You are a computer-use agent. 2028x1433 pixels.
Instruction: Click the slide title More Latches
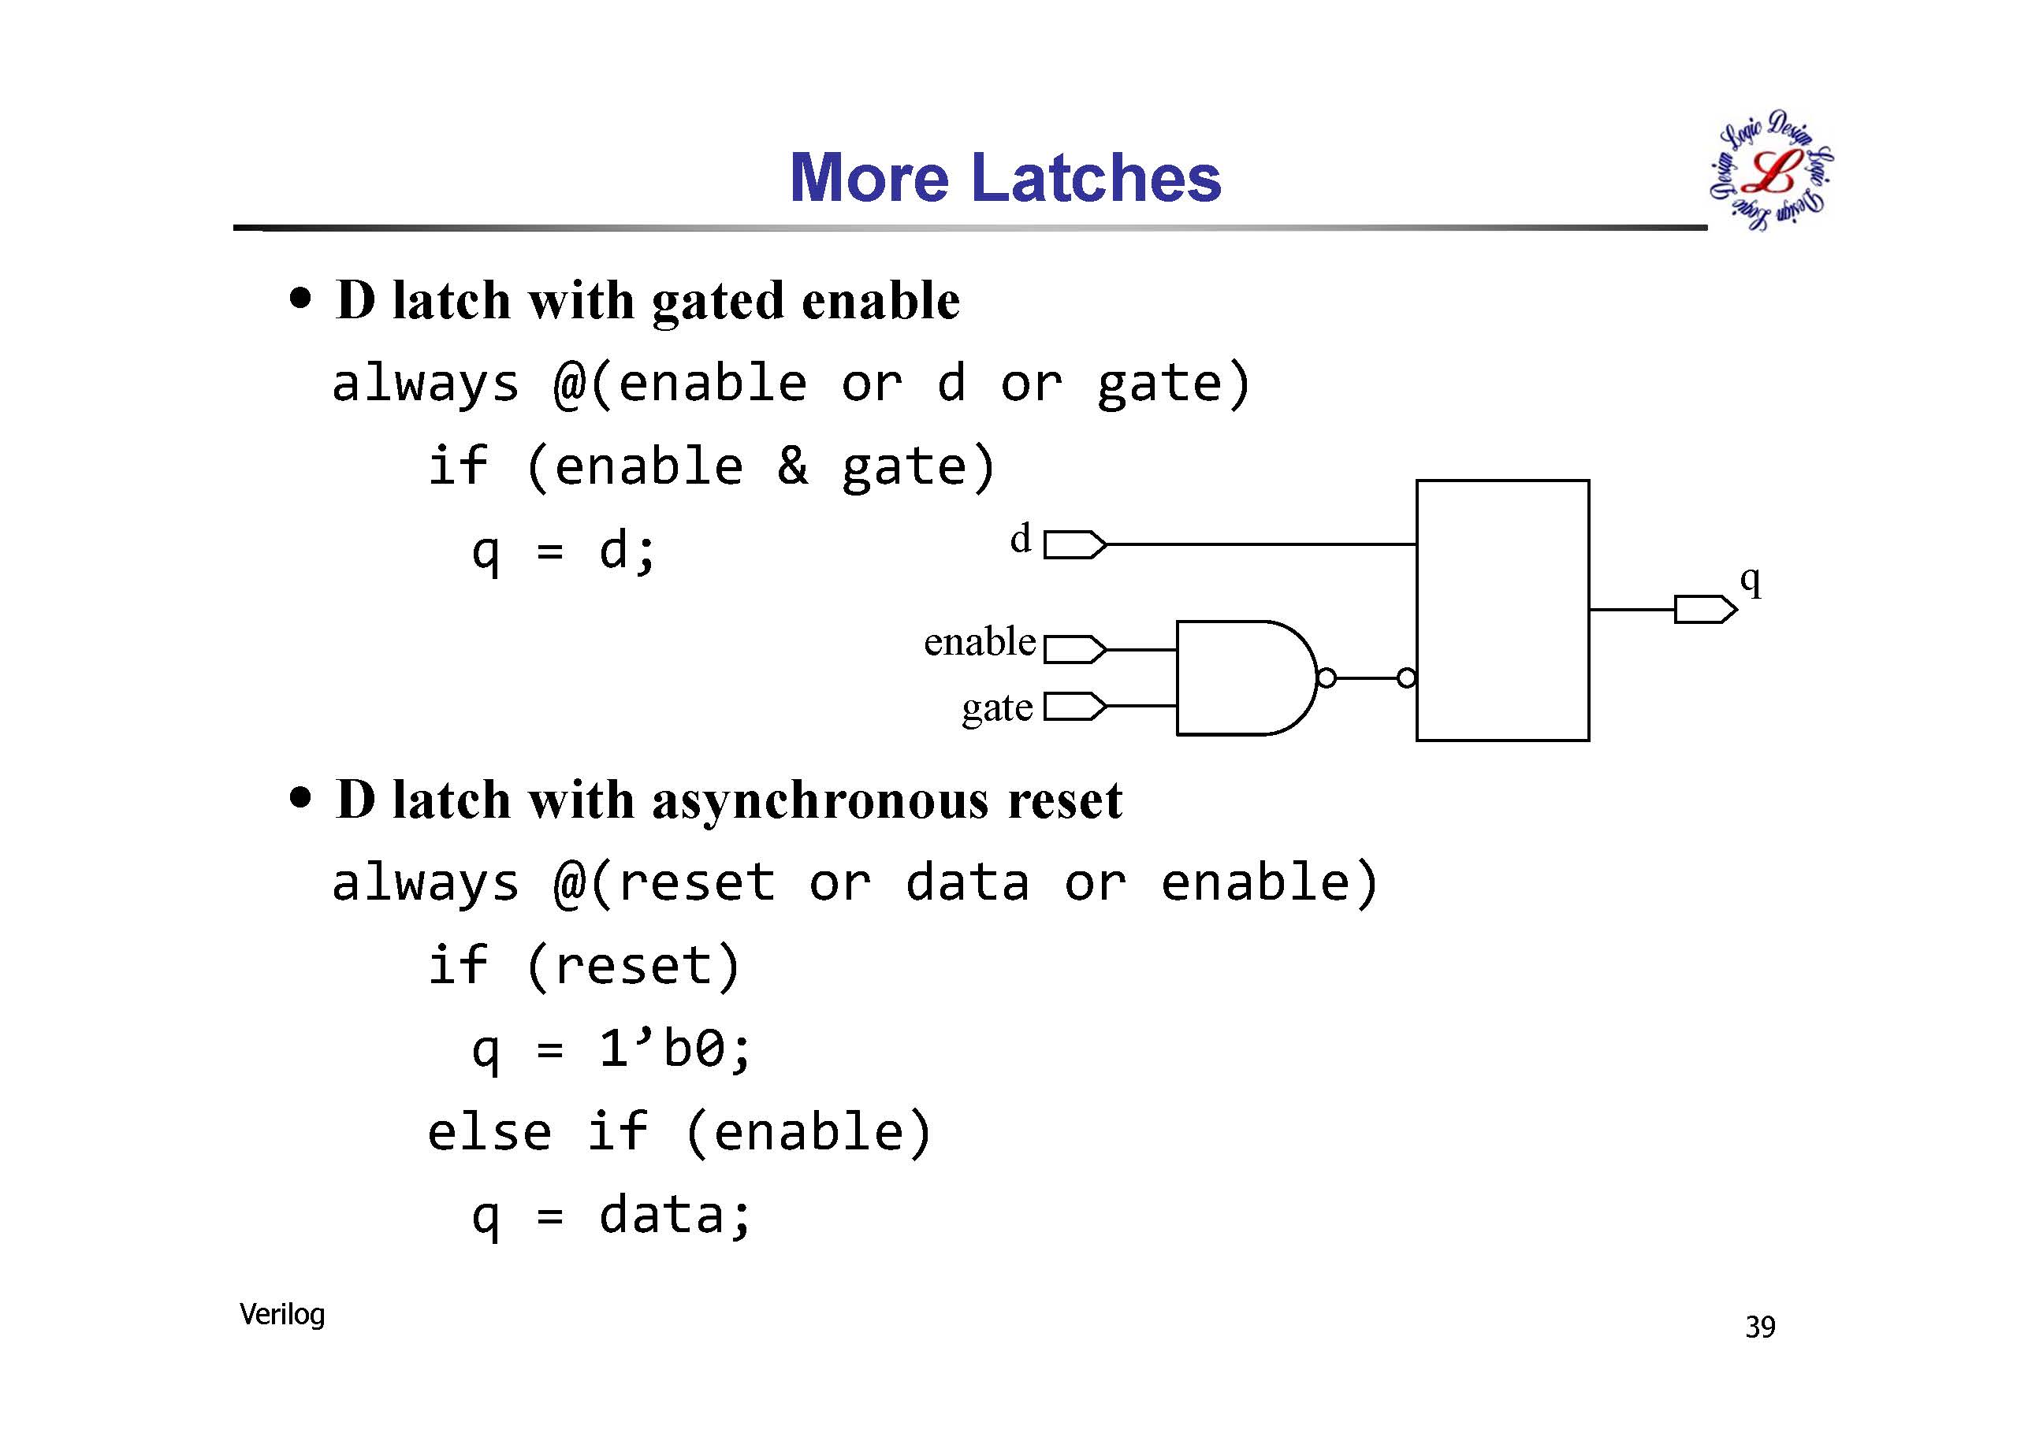point(1005,176)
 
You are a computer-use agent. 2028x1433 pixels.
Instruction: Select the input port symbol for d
point(1075,545)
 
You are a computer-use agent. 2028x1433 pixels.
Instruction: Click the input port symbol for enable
point(1075,649)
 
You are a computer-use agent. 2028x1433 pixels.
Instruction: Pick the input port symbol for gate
point(1075,707)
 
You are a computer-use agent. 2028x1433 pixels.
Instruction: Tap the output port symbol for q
point(1706,609)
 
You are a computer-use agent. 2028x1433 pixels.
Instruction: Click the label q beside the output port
point(1751,582)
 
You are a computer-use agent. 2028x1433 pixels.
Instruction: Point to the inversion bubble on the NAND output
point(1327,678)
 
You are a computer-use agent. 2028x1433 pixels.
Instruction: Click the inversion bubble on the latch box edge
point(1407,678)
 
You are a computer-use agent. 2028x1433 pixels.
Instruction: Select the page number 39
point(1759,1327)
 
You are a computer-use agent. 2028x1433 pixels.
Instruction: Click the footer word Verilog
point(281,1315)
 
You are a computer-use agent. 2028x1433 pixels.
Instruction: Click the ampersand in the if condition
point(792,466)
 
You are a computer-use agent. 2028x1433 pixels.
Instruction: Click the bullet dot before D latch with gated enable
point(301,299)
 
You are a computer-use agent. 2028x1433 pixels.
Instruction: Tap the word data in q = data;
point(662,1216)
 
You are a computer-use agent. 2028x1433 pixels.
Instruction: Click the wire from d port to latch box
point(1261,545)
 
